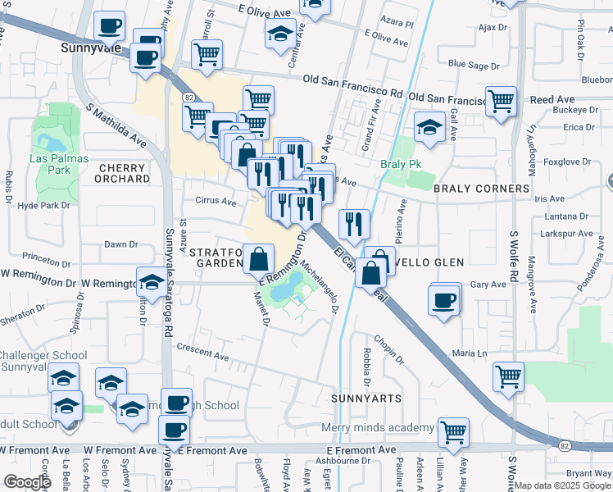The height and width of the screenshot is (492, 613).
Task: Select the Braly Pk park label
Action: tap(400, 164)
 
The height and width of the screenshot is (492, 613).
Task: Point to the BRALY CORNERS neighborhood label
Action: tap(482, 189)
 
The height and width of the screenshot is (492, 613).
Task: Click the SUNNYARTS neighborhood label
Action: tap(366, 398)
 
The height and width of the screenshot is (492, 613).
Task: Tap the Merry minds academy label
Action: tap(378, 428)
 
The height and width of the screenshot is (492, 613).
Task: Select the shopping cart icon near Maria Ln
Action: tap(508, 376)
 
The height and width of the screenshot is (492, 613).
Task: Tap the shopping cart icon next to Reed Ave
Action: tap(501, 100)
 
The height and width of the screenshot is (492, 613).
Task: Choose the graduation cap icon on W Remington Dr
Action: tap(151, 282)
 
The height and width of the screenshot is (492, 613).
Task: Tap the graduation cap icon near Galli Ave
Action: tap(429, 125)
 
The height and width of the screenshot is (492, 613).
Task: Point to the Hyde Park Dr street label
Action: tap(40, 205)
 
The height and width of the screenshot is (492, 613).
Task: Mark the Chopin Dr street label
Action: tap(388, 348)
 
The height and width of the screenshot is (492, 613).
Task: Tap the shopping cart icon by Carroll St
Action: tap(207, 54)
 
